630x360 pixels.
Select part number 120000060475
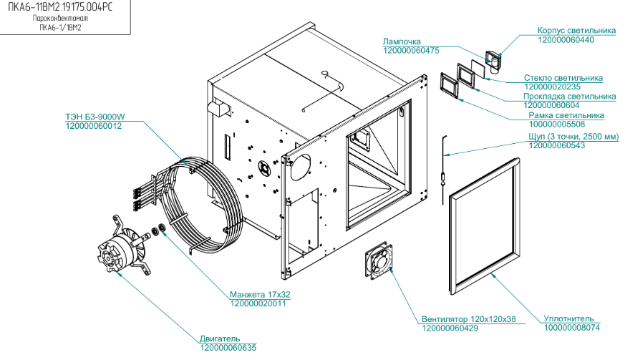coord(411,51)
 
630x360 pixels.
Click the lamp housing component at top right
coord(494,62)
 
